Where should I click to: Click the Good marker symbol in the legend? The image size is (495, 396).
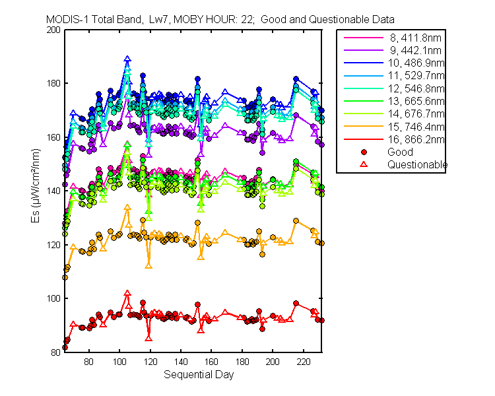tap(364, 152)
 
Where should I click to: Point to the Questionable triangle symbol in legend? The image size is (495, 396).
tap(364, 164)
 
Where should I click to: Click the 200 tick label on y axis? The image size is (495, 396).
tap(53, 30)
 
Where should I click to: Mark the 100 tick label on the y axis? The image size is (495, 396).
tap(53, 298)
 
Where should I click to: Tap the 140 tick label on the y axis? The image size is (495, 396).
tap(53, 191)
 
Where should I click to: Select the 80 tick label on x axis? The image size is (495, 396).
tap(88, 361)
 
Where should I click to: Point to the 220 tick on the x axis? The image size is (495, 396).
tap(304, 361)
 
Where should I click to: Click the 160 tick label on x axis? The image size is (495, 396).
tap(211, 361)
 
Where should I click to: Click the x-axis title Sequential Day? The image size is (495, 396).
tap(199, 374)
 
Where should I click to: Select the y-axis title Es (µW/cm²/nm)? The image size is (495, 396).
tap(36, 185)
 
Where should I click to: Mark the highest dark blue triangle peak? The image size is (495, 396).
tap(127, 59)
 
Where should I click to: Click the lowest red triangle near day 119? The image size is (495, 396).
tap(148, 339)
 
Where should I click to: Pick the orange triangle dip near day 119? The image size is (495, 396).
tap(148, 266)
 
